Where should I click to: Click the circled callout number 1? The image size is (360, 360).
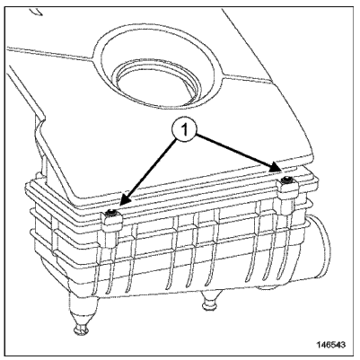[185, 130]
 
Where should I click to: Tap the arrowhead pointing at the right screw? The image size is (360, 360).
[275, 167]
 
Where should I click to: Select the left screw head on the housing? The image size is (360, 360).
[111, 212]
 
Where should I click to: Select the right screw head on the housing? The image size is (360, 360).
[288, 180]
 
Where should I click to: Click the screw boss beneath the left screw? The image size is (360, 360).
[111, 231]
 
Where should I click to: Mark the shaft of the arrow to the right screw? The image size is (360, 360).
[235, 151]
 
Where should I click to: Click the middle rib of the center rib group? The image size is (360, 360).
[191, 251]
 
